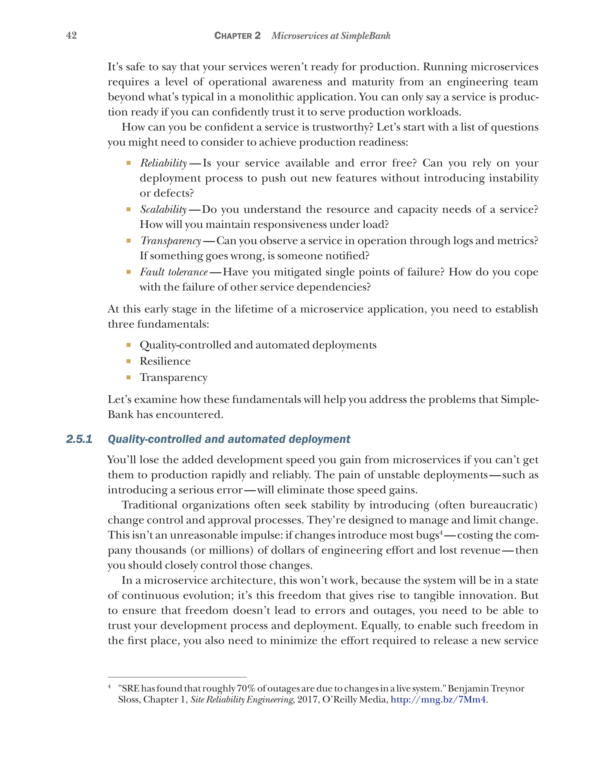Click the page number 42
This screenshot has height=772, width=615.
[71, 35]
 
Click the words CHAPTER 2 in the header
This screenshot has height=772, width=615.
[237, 36]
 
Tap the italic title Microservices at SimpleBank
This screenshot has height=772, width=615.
[331, 36]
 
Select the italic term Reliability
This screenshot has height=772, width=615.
[163, 163]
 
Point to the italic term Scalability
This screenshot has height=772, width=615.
[163, 209]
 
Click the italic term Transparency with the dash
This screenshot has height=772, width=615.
[171, 241]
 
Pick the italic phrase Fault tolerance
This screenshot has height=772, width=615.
[174, 272]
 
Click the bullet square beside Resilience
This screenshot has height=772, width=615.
[129, 361]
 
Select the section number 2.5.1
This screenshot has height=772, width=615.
[79, 439]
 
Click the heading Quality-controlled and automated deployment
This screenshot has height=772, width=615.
[229, 439]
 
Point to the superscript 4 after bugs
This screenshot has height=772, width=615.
[441, 532]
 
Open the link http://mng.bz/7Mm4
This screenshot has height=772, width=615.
[438, 699]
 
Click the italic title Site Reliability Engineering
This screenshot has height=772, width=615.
[242, 699]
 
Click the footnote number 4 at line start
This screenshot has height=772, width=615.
[110, 686]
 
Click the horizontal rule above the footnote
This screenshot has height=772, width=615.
[177, 677]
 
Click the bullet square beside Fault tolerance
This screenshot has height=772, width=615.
[129, 272]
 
